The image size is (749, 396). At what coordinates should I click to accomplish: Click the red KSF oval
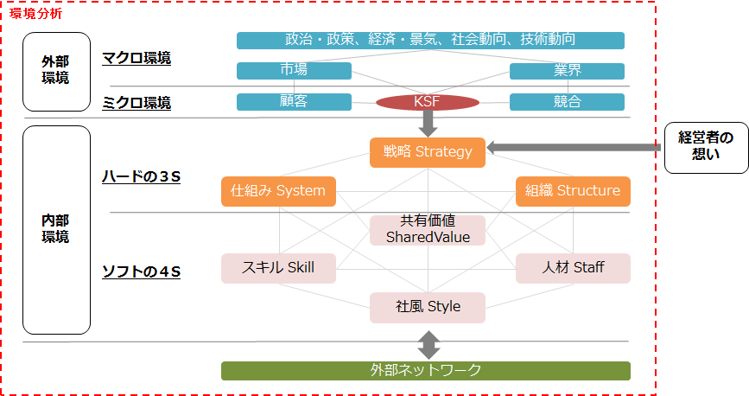tap(428, 103)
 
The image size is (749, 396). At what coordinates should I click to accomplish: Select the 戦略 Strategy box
tap(428, 152)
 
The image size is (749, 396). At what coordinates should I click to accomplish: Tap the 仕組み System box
tap(279, 191)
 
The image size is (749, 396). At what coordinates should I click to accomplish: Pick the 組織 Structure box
tap(573, 191)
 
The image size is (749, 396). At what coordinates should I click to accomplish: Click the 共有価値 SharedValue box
tap(428, 229)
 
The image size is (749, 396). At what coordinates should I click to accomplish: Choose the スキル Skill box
tap(279, 268)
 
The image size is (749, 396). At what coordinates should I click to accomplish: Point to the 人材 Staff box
tap(573, 268)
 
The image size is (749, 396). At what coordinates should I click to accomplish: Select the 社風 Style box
tap(428, 307)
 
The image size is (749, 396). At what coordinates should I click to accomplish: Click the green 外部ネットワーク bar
tap(426, 371)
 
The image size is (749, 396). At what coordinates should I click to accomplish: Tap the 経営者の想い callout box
tap(705, 146)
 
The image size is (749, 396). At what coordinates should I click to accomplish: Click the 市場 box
tap(294, 71)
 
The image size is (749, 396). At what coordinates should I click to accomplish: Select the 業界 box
tap(567, 71)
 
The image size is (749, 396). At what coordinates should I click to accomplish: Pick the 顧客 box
tap(294, 102)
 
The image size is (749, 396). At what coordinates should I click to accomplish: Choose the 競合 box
tap(567, 102)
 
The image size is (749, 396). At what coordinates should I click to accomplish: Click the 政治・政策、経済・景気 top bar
tap(430, 40)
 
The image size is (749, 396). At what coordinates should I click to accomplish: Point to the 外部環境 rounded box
tap(56, 71)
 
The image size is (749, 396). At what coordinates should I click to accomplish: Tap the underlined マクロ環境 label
tap(136, 59)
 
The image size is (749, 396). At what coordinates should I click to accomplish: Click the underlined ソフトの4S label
tap(141, 272)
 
